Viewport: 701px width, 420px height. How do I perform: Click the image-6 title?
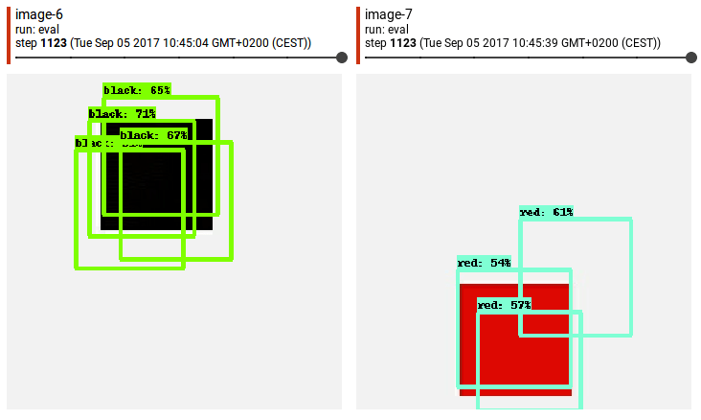click(39, 13)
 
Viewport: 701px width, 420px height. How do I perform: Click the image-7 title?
click(388, 13)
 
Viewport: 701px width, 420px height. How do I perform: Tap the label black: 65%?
click(137, 90)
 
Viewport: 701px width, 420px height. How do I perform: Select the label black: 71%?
click(122, 113)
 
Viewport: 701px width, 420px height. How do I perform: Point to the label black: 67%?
click(153, 135)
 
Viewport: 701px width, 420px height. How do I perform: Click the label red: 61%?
click(546, 212)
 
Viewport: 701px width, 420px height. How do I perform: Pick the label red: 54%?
click(484, 263)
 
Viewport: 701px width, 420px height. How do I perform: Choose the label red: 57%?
click(504, 305)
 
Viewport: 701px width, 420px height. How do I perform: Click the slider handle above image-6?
click(342, 58)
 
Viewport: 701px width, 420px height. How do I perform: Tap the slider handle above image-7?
click(691, 58)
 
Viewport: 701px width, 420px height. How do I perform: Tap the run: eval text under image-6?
click(34, 29)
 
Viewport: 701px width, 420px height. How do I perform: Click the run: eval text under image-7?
click(384, 29)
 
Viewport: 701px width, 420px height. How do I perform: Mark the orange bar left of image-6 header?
click(9, 35)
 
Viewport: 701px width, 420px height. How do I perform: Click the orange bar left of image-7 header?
click(358, 35)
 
